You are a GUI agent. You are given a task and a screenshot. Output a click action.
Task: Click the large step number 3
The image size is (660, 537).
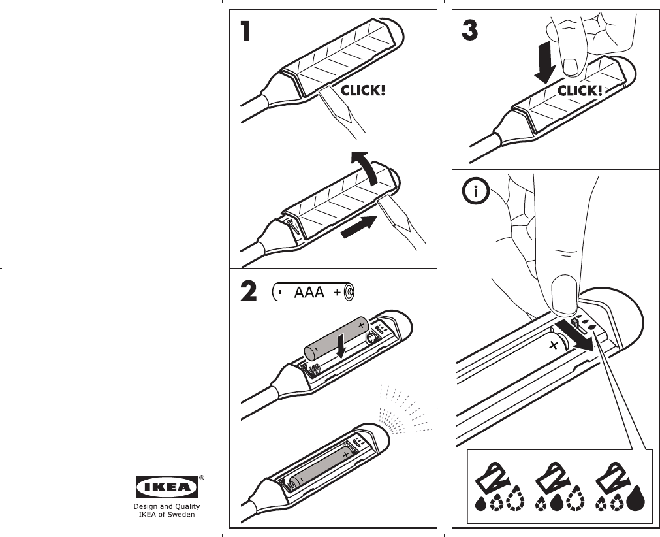click(468, 31)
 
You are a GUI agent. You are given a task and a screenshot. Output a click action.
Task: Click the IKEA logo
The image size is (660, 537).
click(166, 486)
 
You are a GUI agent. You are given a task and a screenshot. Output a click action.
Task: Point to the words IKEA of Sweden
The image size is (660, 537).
click(166, 514)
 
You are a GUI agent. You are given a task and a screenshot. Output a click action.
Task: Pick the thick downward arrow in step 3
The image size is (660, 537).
click(544, 63)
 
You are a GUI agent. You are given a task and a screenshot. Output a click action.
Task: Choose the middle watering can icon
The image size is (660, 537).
click(550, 480)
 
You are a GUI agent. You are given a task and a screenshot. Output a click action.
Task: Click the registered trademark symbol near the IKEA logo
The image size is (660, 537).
click(202, 478)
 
